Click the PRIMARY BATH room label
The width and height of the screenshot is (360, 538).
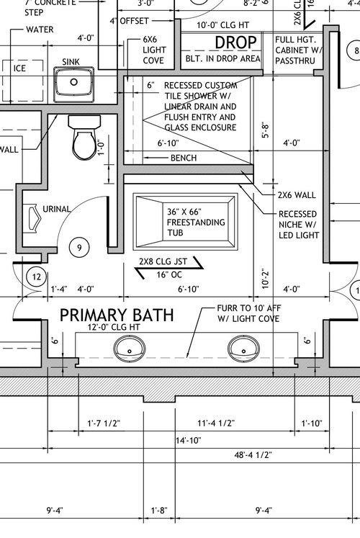118,315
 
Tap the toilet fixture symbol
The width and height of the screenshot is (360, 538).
81,138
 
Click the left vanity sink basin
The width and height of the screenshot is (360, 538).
129,349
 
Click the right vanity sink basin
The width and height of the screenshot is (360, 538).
243,349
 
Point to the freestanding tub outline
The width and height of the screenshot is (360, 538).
186,221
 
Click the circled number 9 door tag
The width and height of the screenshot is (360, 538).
80,248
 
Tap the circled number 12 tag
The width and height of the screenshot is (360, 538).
35,276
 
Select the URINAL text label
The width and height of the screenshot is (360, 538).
56,210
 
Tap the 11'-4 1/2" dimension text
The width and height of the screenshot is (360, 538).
238,423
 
